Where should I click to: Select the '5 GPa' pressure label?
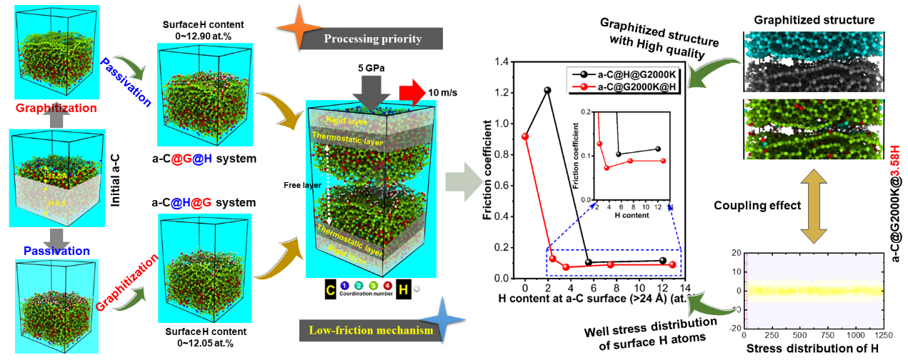[x=372, y=69]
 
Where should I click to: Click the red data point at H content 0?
[x=525, y=136]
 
